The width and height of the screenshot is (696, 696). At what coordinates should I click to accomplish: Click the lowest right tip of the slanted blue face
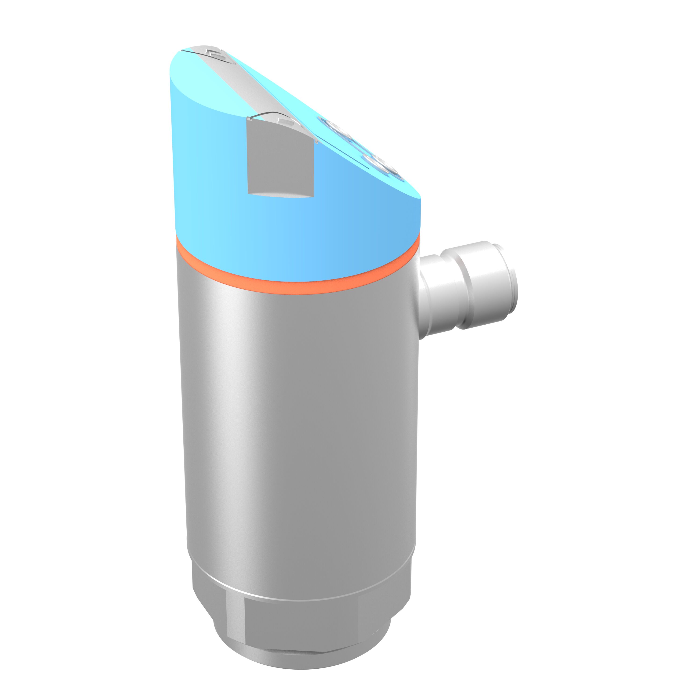click(x=418, y=196)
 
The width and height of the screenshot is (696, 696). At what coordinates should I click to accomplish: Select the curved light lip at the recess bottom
click(x=281, y=195)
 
